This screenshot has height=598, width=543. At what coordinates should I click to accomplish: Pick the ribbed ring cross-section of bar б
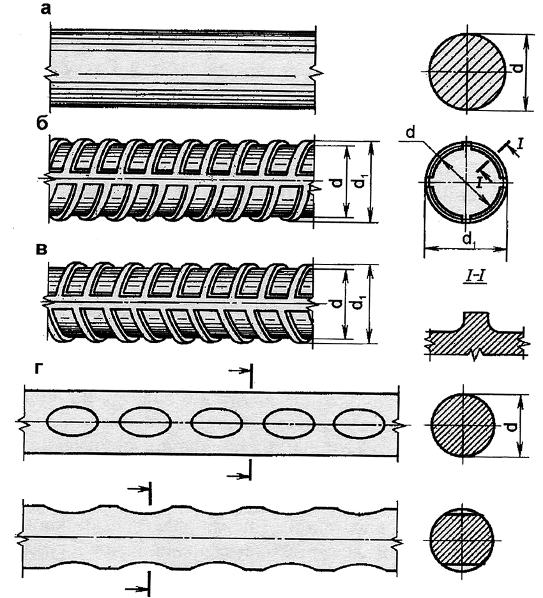pyautogui.click(x=466, y=181)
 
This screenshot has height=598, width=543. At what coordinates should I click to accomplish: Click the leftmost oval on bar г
pyautogui.click(x=72, y=422)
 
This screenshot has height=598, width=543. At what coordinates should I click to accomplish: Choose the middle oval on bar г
pyautogui.click(x=216, y=422)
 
